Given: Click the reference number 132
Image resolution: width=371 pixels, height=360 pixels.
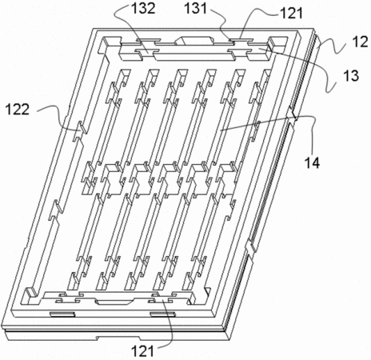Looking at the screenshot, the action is click(x=143, y=9).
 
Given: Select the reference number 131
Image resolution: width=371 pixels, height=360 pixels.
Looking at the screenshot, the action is click(x=195, y=9).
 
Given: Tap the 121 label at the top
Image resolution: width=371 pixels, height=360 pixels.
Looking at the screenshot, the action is click(x=291, y=13).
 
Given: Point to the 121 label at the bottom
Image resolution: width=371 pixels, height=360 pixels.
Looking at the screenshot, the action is click(x=143, y=351).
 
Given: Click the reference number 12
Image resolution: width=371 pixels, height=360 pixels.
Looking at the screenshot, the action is click(x=360, y=42).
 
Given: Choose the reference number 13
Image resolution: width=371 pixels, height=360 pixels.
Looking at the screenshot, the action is click(x=351, y=76).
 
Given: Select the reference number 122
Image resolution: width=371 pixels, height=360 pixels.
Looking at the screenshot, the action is click(x=18, y=110).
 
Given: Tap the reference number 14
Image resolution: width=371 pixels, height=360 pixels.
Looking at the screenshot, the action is click(x=312, y=162).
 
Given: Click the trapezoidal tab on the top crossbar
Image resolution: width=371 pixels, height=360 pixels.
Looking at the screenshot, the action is click(x=194, y=41).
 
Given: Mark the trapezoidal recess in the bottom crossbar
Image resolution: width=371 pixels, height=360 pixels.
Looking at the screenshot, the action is click(x=115, y=302).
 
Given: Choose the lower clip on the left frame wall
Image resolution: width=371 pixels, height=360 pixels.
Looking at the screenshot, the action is click(x=55, y=210).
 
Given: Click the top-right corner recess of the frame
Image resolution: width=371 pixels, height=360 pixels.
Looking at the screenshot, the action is click(x=278, y=43).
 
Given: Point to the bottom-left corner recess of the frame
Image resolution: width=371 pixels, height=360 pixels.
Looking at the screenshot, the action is click(x=32, y=296).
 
